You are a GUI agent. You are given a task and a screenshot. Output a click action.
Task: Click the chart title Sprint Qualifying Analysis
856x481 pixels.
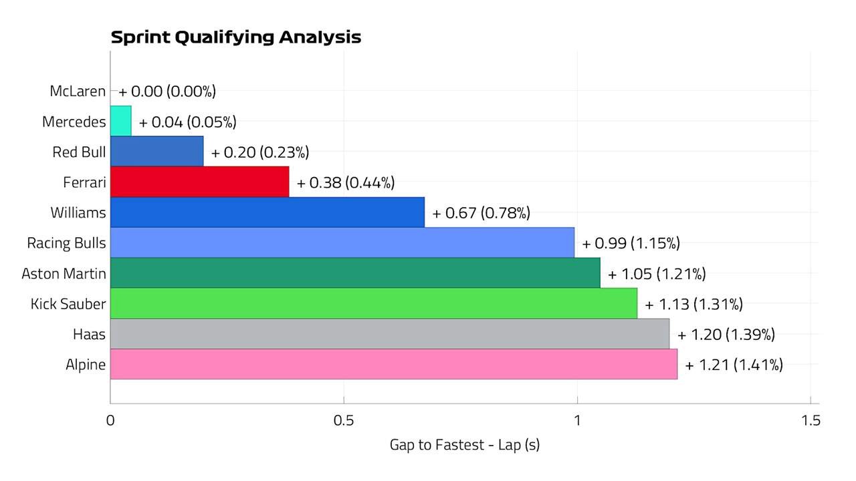(236, 37)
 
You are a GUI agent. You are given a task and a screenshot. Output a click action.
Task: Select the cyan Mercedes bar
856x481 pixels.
(121, 121)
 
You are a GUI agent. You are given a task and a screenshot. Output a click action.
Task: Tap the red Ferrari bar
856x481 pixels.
(200, 182)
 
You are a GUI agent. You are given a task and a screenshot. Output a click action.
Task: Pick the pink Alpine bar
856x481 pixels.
(394, 364)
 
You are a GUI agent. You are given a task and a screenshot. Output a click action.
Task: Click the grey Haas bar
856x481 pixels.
(390, 333)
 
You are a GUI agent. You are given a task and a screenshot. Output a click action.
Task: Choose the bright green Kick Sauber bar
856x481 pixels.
(374, 303)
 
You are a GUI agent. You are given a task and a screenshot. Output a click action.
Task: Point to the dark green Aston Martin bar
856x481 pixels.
(355, 273)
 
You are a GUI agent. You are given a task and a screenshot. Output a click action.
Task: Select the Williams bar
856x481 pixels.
(267, 212)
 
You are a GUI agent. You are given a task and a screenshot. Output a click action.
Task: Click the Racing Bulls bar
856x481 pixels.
(342, 243)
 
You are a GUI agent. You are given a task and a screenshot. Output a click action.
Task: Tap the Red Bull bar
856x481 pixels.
(157, 152)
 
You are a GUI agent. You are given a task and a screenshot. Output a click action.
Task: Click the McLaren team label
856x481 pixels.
(78, 92)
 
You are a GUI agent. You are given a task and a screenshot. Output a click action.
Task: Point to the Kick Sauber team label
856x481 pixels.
(68, 304)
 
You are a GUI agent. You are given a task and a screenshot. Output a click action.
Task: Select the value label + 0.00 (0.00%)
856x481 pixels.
(167, 92)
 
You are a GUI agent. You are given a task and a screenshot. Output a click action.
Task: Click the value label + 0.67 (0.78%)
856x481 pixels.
(481, 213)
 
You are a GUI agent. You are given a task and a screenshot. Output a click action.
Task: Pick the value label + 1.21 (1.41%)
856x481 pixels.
(734, 365)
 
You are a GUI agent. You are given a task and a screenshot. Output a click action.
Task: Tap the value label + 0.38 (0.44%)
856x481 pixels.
(346, 183)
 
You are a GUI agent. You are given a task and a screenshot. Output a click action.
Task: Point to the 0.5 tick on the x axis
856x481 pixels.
(344, 420)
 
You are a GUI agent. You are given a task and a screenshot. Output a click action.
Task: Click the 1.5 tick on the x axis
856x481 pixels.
(811, 420)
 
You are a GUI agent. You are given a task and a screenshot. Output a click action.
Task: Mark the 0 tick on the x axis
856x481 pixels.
(110, 420)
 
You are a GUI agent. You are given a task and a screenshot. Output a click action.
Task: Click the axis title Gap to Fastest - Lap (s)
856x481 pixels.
(465, 445)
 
